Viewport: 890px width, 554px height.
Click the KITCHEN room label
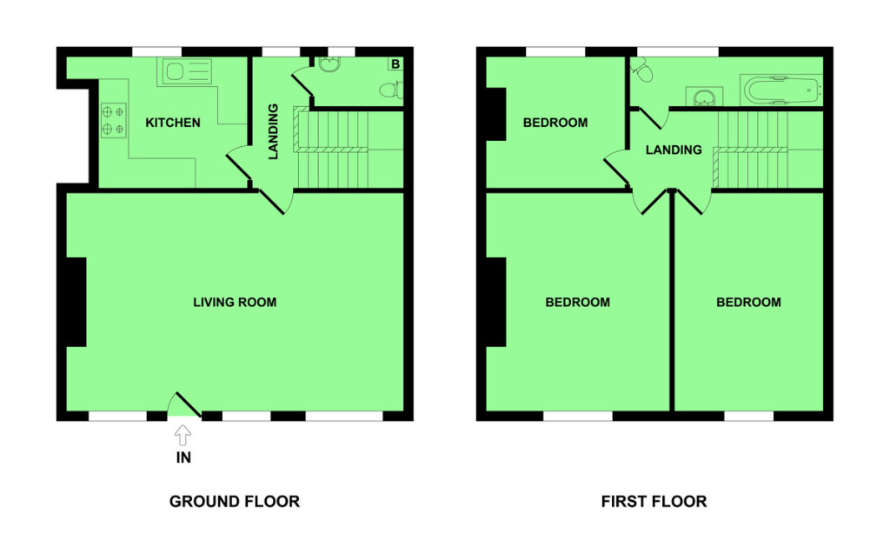point(173,123)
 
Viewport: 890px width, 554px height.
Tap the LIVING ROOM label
point(235,303)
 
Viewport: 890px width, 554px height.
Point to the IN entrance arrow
point(183,436)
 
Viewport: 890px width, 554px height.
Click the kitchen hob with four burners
point(114,121)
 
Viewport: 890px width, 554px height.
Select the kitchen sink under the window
point(188,71)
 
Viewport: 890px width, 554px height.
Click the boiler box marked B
point(395,64)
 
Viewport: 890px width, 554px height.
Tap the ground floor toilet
point(392,90)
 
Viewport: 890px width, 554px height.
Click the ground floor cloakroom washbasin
point(329,64)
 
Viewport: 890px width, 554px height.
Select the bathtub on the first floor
point(781,90)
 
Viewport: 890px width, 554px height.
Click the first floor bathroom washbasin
point(704,97)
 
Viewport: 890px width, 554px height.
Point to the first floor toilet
point(641,70)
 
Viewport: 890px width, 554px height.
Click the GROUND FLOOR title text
point(235,501)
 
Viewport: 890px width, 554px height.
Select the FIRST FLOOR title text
point(654,501)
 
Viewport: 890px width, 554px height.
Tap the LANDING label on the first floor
point(674,150)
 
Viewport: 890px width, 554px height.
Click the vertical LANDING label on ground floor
point(273,131)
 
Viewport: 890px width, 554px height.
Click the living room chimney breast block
point(76,302)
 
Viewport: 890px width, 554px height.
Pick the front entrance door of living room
point(185,405)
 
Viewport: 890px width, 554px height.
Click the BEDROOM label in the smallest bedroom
point(555,123)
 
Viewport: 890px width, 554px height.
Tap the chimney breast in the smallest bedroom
point(496,114)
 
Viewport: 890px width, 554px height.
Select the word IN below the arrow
point(183,457)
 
